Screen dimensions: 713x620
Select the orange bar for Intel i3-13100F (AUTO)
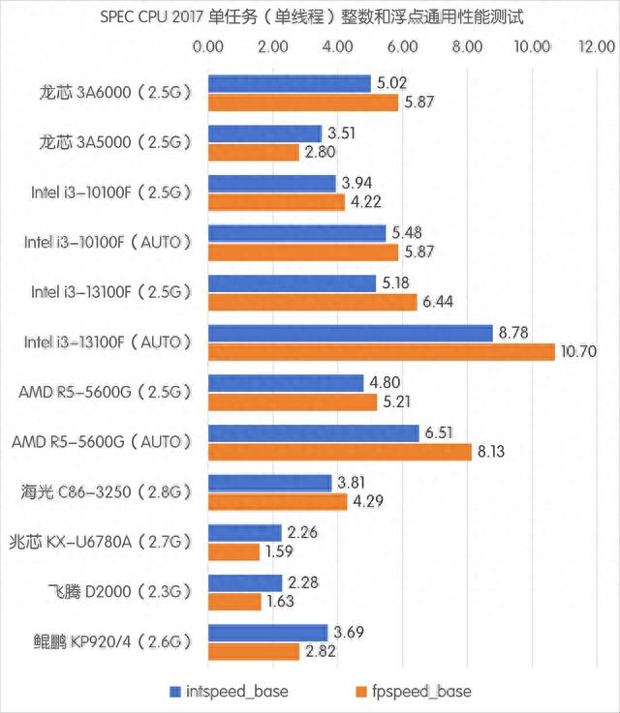pyautogui.click(x=382, y=351)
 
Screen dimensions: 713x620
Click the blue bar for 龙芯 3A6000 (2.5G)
pyautogui.click(x=290, y=84)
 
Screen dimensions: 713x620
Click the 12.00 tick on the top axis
pyautogui.click(x=594, y=46)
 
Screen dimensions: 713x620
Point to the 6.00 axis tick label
pyautogui.click(x=401, y=46)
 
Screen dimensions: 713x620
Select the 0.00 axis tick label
pyautogui.click(x=208, y=46)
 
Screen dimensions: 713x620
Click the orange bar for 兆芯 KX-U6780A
pyautogui.click(x=234, y=552)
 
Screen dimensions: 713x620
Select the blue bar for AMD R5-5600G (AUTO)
pyautogui.click(x=313, y=432)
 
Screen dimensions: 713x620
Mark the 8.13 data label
pyautogui.click(x=491, y=451)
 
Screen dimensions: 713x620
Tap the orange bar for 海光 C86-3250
pyautogui.click(x=278, y=502)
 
